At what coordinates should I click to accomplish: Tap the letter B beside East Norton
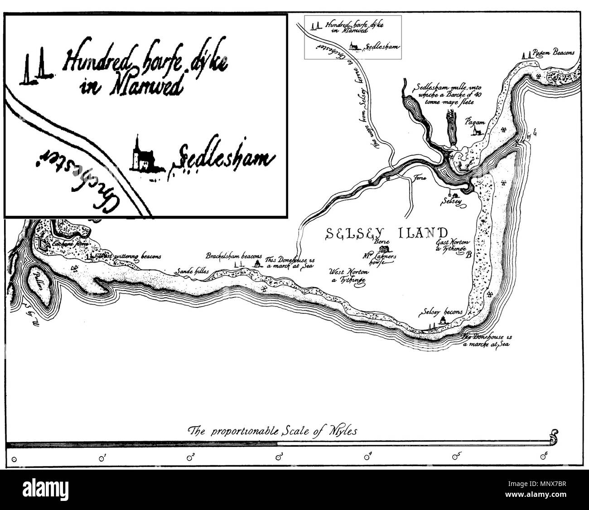point(469,255)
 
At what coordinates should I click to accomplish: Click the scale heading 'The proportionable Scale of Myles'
point(272,431)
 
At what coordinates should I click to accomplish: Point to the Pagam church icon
point(475,131)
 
